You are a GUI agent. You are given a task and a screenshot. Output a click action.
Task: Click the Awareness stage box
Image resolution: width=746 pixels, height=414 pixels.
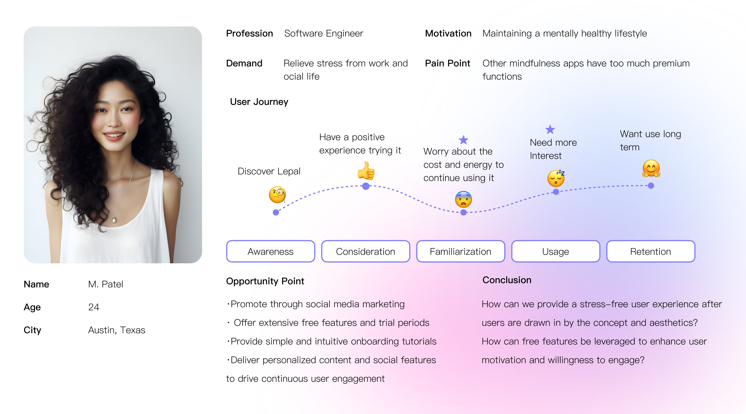(x=270, y=251)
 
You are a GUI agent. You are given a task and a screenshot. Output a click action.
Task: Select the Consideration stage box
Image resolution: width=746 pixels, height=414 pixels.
(x=365, y=251)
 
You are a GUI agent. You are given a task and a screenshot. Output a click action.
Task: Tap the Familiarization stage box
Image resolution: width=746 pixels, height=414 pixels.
(x=461, y=251)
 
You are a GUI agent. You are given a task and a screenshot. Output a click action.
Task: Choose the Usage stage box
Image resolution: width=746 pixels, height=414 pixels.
(x=555, y=251)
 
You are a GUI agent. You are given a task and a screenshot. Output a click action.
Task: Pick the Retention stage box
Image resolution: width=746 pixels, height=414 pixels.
(x=650, y=251)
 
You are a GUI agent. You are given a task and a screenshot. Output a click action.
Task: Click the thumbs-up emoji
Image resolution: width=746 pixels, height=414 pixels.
(x=366, y=171)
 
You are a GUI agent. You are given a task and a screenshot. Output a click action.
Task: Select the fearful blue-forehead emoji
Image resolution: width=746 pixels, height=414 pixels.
(x=463, y=199)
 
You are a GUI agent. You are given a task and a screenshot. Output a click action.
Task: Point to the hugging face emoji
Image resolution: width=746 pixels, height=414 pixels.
(x=651, y=168)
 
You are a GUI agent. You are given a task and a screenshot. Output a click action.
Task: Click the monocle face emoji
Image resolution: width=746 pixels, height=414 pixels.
(x=277, y=194)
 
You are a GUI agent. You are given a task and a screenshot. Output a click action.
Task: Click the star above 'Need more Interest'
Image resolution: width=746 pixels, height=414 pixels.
(x=550, y=129)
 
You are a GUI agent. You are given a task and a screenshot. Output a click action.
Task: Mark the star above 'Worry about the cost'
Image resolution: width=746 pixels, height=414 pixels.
(x=463, y=140)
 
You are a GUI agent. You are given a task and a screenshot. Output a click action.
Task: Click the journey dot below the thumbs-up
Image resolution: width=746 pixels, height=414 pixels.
(x=366, y=186)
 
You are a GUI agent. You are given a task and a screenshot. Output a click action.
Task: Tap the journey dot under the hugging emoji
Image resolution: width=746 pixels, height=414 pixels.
(x=651, y=186)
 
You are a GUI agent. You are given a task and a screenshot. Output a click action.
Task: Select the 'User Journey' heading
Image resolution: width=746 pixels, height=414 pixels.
(x=259, y=101)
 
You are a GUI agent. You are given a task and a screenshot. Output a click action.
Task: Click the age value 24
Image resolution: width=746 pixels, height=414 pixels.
(x=94, y=307)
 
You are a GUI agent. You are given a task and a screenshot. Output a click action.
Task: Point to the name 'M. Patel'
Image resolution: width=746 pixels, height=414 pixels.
(x=105, y=284)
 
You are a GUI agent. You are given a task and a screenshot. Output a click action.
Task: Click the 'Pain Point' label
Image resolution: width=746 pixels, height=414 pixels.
(x=447, y=63)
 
